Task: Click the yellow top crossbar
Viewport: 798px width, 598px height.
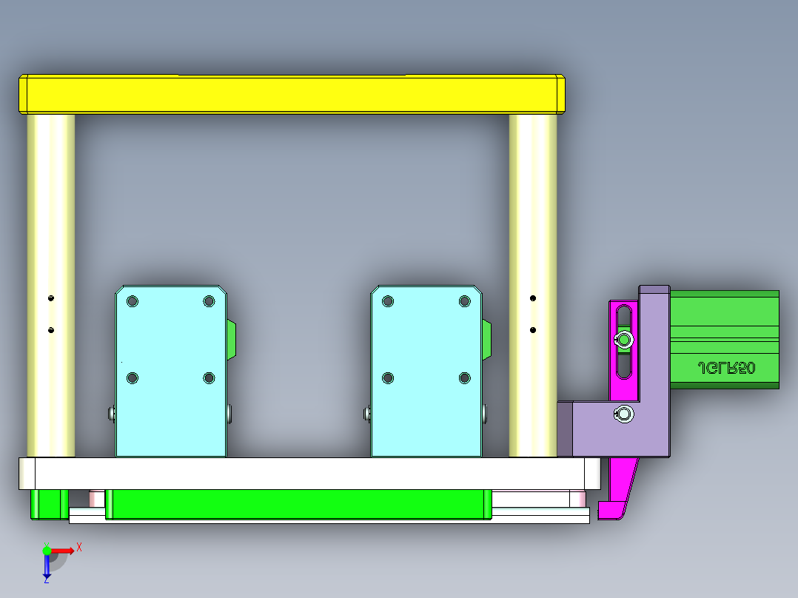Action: click(292, 94)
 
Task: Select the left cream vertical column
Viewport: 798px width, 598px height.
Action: click(51, 222)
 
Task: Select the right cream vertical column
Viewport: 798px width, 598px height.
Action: click(533, 222)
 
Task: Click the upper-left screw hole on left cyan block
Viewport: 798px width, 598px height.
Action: click(133, 301)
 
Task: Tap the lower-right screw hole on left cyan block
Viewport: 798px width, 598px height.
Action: click(209, 378)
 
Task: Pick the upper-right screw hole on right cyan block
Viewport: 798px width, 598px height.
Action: click(465, 301)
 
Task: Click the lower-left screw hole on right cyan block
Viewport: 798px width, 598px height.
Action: click(388, 378)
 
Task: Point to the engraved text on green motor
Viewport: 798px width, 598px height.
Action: click(726, 368)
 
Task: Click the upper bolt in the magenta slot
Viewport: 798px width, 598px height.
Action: click(625, 340)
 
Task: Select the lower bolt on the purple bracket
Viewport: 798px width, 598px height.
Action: click(624, 414)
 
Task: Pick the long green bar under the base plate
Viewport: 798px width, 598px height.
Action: click(296, 504)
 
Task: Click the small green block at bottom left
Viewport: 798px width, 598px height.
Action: click(46, 504)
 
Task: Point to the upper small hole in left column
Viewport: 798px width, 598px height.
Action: click(51, 298)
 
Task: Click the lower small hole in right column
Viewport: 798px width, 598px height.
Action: click(533, 329)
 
